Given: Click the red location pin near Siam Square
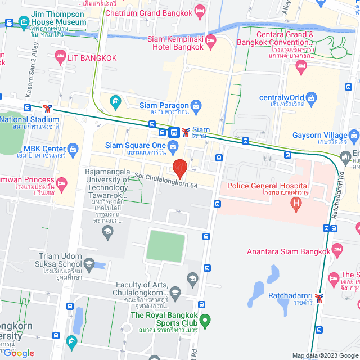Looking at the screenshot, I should point(179,168).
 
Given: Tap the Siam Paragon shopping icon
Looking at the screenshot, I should point(196,105).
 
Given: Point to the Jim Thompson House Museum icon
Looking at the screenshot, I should point(24,22).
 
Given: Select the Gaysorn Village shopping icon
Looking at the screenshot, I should point(353,135).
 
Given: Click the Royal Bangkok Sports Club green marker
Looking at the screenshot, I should point(205,321).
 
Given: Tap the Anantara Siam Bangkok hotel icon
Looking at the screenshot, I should point(337,249).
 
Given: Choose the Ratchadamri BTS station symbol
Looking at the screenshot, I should point(319,298).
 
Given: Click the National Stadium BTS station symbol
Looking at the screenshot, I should point(49,108).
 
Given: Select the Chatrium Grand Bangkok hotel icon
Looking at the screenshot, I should point(199,12).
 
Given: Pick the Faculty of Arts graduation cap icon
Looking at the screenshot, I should point(175,292).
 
